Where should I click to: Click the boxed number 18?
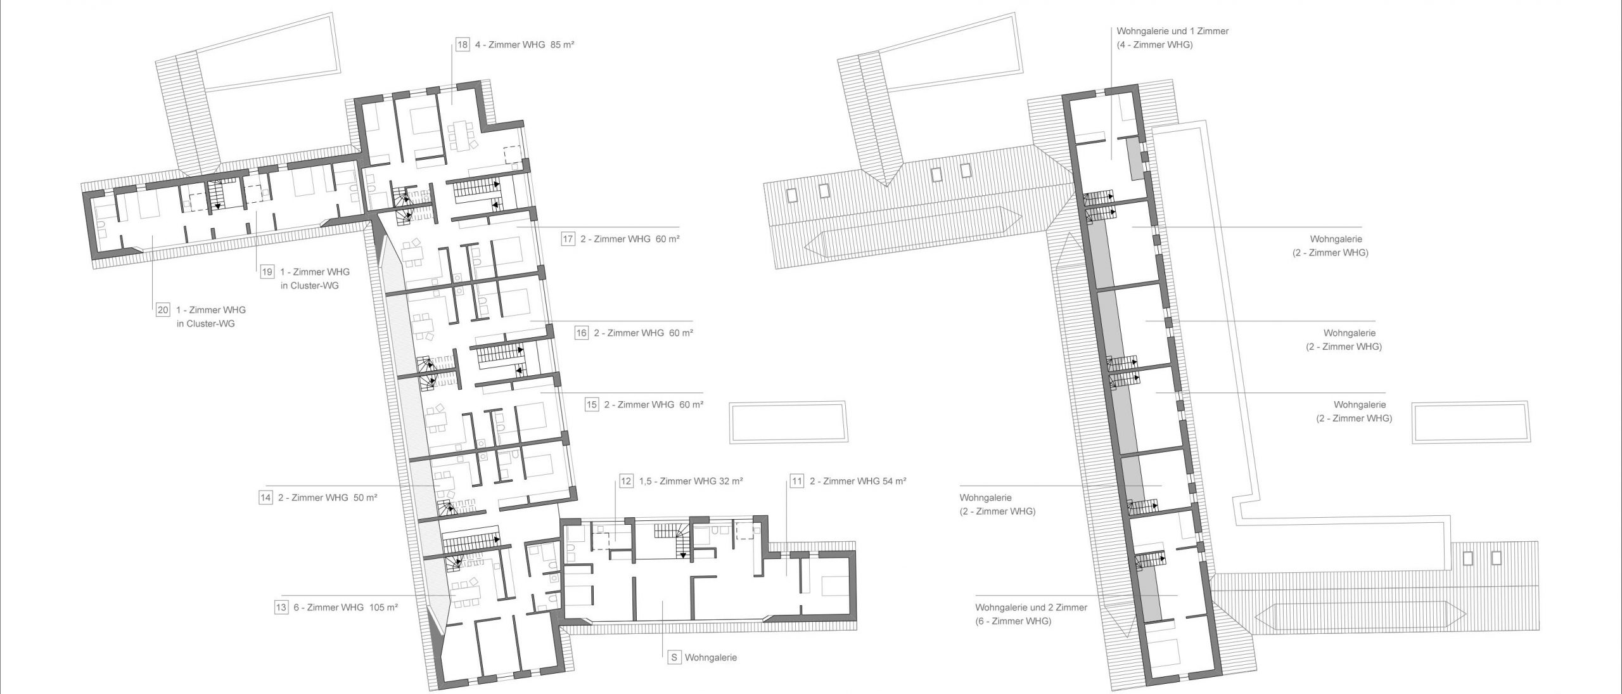(463, 45)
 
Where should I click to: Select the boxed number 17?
(568, 239)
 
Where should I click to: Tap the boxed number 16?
(582, 333)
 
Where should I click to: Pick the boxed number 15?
(592, 404)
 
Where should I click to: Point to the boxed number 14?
(265, 498)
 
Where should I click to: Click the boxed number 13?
(281, 607)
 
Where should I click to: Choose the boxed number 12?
(626, 481)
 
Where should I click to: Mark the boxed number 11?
(796, 481)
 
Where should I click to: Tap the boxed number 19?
(267, 272)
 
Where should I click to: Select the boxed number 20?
(163, 310)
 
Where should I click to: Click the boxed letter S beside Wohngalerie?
(674, 657)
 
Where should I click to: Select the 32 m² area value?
(731, 480)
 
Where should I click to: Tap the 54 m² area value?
(893, 480)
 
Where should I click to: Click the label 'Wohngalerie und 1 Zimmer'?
(1172, 31)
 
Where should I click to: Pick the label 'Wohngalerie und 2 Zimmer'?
(1031, 607)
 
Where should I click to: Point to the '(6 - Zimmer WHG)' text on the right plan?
(1014, 621)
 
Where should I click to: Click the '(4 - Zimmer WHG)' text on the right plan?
(1154, 45)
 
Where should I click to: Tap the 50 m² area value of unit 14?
(365, 498)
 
